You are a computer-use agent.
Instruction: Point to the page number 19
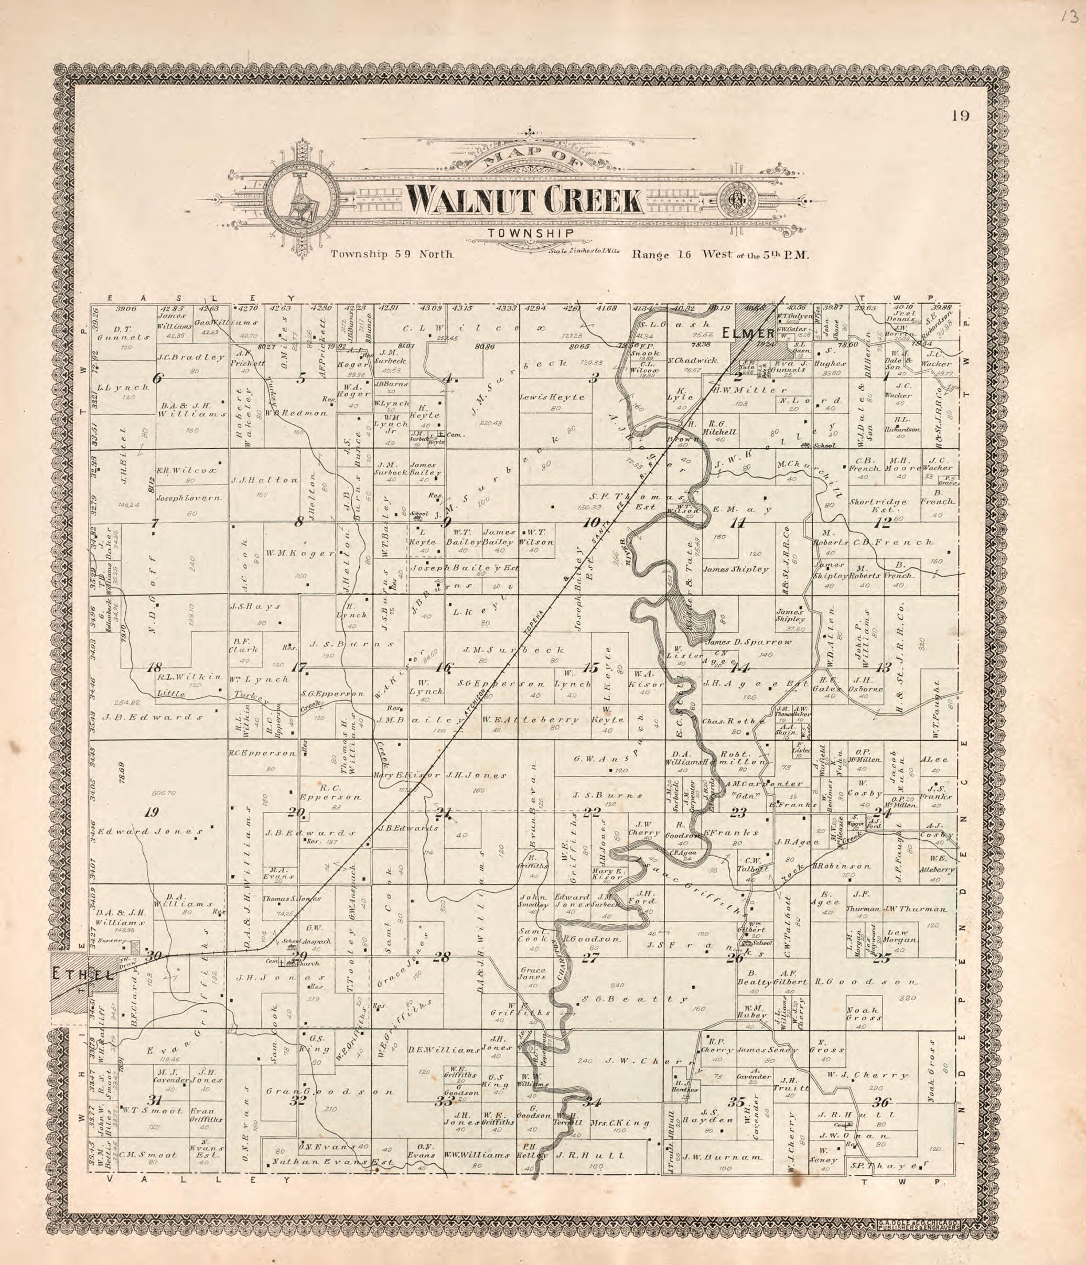coord(960,116)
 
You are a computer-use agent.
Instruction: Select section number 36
coord(882,1102)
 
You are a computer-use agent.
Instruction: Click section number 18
coord(153,667)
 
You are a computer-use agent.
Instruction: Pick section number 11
coord(738,523)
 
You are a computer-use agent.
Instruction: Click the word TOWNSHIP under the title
coord(530,233)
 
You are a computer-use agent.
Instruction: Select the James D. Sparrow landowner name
coord(748,642)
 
